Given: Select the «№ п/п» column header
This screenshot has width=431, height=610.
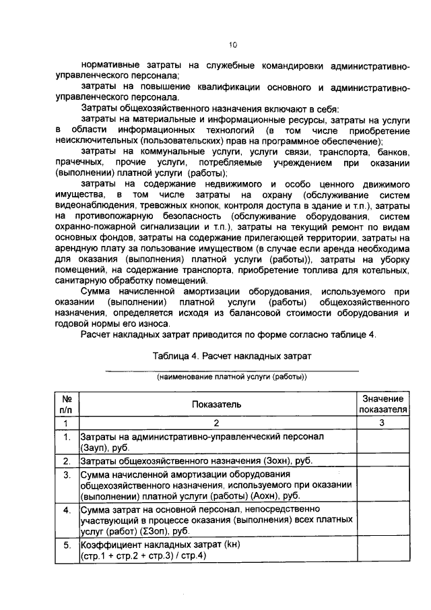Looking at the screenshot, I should tap(67, 404).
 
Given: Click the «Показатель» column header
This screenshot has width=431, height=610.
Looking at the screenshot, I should tap(218, 404).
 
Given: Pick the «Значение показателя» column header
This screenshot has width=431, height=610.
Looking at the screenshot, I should tap(382, 404).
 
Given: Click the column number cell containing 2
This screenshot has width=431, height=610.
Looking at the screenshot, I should tap(218, 423).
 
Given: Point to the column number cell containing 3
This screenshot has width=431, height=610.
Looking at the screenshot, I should tap(382, 423).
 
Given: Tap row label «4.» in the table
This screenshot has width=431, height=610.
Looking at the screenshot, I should tap(67, 510).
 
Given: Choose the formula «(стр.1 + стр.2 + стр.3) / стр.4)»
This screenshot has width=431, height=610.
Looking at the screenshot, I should tap(143, 555).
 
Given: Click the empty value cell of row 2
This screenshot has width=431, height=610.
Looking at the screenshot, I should tap(382, 462).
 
